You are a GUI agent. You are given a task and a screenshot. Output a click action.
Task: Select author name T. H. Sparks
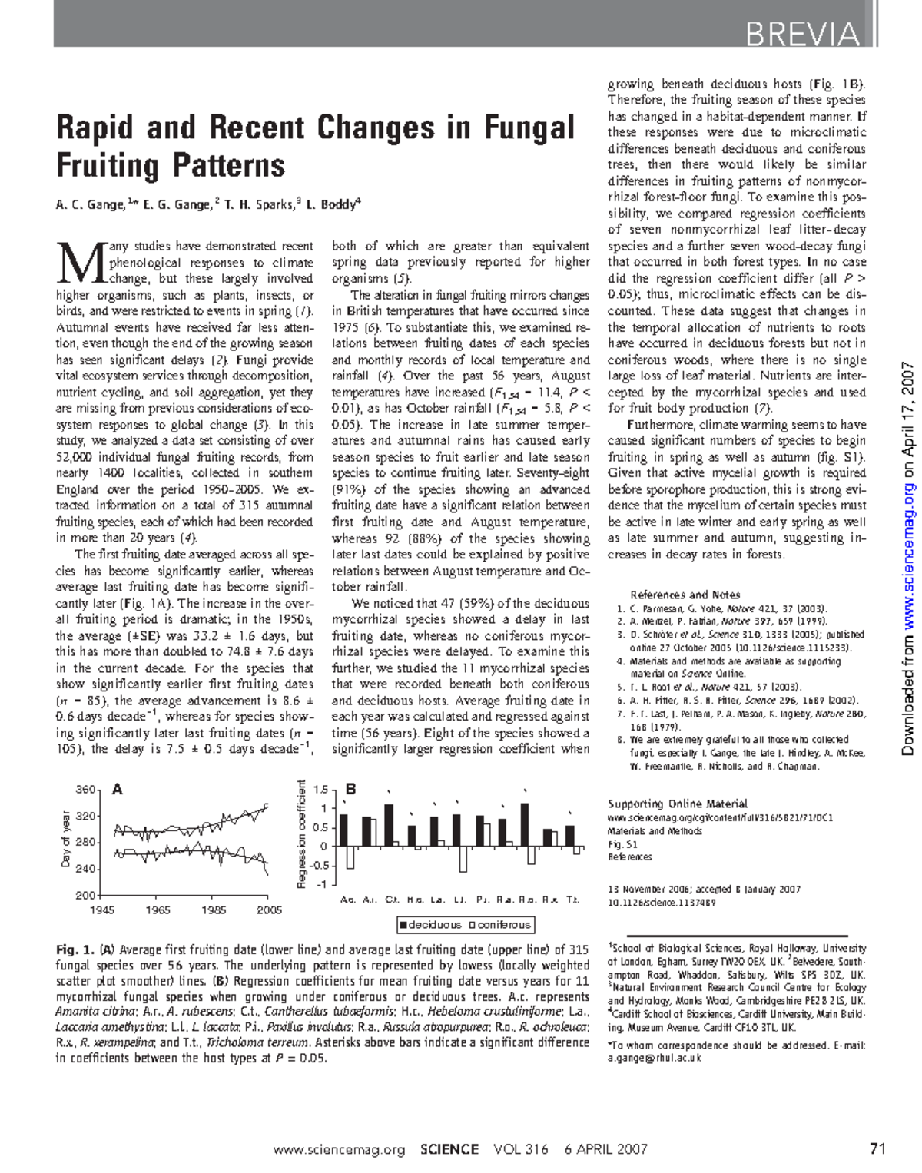260,205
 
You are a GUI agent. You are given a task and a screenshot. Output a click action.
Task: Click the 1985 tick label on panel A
214,910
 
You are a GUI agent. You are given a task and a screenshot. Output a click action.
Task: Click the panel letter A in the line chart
118,789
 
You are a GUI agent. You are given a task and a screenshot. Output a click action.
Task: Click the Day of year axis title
66,840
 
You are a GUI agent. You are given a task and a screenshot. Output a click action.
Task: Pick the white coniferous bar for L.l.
463,859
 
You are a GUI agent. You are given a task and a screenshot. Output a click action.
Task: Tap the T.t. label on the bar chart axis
573,900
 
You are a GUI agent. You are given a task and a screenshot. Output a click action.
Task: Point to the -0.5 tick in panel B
321,866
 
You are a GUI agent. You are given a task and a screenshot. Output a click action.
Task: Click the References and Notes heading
685,595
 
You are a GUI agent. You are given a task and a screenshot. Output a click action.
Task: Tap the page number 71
877,1149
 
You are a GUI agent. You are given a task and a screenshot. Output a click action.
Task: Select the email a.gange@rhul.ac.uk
654,1058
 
